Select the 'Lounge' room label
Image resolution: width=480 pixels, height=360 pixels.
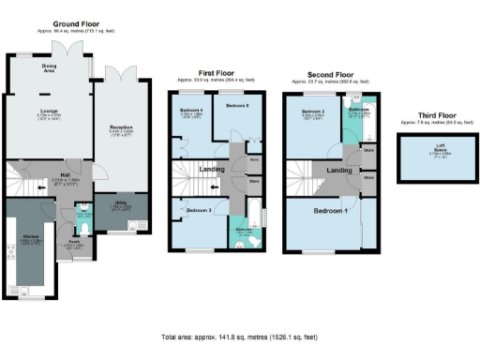click(49, 110)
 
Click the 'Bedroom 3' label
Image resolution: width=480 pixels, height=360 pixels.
click(197, 211)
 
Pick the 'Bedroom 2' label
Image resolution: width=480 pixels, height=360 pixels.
click(312, 112)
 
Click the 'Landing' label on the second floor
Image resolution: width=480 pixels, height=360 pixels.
click(339, 170)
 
